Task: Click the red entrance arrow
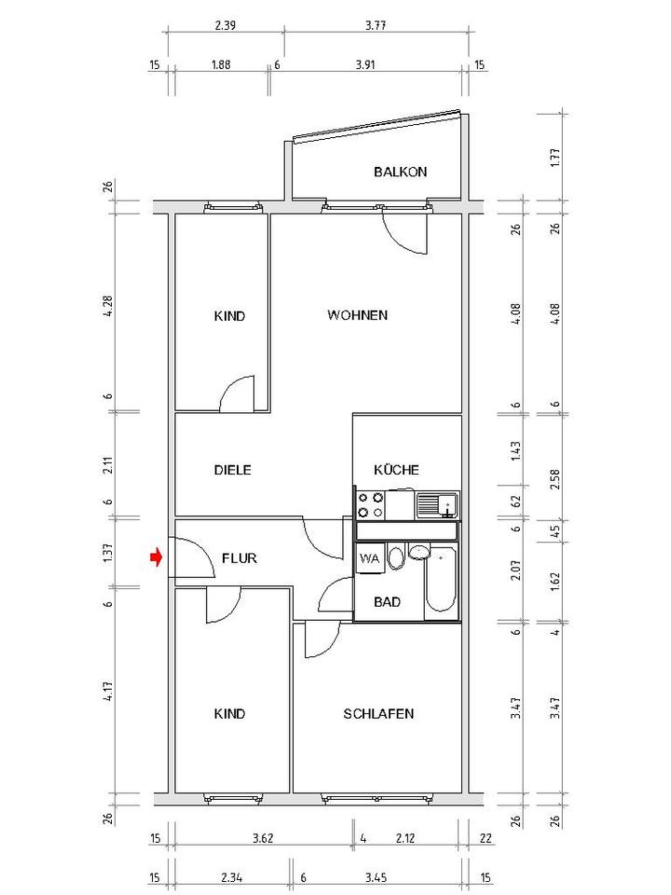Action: coord(156,558)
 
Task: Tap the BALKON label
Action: coord(400,172)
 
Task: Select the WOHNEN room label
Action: coord(357,315)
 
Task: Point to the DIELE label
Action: coord(232,470)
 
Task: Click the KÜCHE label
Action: coord(396,470)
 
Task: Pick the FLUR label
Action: coord(240,558)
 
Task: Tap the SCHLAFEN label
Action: coord(378,713)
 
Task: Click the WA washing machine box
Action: coord(369,558)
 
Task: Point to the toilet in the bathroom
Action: coord(395,558)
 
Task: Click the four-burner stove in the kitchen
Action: coord(370,505)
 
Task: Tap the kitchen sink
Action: coord(437,505)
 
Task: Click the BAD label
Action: coord(387,601)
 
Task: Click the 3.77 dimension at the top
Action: coord(376,26)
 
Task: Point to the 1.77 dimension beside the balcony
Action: coord(555,158)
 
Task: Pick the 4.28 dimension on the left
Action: coord(108,307)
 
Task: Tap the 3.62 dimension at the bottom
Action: coord(263,838)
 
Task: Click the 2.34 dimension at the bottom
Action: coord(231,877)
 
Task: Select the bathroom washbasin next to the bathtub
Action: coord(419,553)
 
